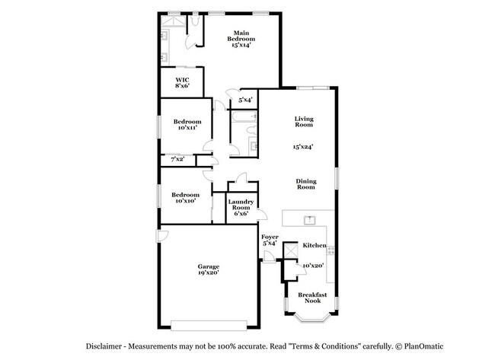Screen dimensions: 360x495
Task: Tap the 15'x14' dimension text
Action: point(241,45)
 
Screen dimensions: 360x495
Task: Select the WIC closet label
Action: point(182,79)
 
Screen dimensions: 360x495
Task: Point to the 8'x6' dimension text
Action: point(182,86)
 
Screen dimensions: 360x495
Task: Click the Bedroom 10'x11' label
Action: point(187,122)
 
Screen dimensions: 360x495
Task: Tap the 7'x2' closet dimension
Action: point(176,159)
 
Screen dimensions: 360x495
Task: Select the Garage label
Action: point(209,266)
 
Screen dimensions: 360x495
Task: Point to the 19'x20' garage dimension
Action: point(209,272)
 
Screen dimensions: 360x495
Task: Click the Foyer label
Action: point(270,237)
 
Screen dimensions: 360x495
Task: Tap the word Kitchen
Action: point(315,245)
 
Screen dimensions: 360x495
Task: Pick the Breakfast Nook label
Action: point(311,298)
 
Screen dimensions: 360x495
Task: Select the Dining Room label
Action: point(305,183)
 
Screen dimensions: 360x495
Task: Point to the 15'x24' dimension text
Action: point(305,146)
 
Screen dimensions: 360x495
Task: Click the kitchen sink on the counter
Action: point(310,220)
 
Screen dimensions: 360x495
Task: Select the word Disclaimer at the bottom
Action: point(107,346)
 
